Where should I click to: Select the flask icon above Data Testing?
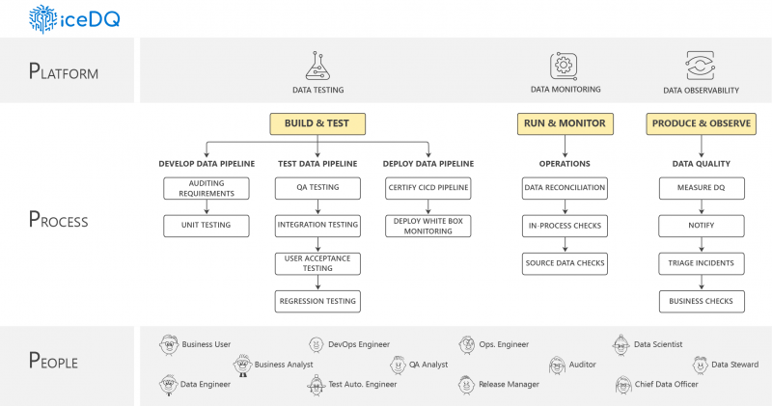(x=317, y=66)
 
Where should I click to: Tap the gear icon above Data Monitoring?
(x=564, y=66)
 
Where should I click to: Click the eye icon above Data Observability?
(x=700, y=66)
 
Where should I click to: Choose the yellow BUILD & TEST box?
(x=317, y=123)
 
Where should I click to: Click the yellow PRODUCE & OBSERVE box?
(x=701, y=123)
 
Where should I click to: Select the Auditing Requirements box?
(x=206, y=188)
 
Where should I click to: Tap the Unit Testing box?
(x=206, y=226)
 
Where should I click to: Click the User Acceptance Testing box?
(x=317, y=263)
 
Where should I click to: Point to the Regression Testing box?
(x=317, y=301)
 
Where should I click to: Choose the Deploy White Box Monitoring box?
(x=427, y=226)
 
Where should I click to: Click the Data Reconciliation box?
(x=564, y=188)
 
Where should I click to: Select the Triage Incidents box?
(x=702, y=263)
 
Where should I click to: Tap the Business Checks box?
(x=702, y=301)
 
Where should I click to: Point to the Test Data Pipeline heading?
(x=317, y=163)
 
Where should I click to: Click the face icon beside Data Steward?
(x=701, y=365)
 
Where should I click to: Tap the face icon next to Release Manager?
(x=467, y=384)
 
